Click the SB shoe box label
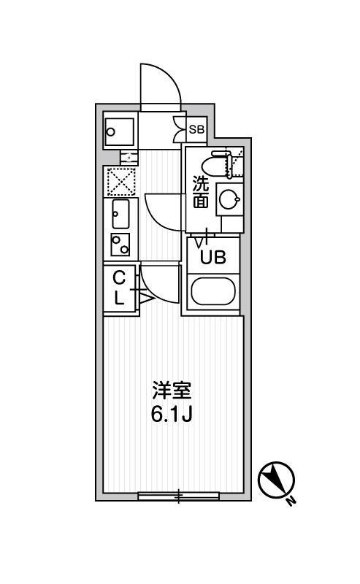pyautogui.click(x=196, y=130)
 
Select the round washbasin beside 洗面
pyautogui.click(x=229, y=199)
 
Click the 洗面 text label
pyautogui.click(x=201, y=192)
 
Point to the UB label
pyautogui.click(x=213, y=257)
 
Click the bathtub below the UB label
pyautogui.click(x=213, y=291)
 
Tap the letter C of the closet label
pyautogui.click(x=119, y=277)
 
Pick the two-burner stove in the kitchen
pyautogui.click(x=120, y=245)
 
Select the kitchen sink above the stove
pyautogui.click(x=120, y=214)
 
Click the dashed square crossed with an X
pyautogui.click(x=120, y=182)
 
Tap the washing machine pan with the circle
pyautogui.click(x=119, y=132)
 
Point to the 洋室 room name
pyautogui.click(x=172, y=390)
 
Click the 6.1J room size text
pyautogui.click(x=172, y=414)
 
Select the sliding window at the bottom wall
pyautogui.click(x=178, y=496)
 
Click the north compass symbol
pyautogui.click(x=277, y=480)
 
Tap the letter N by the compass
pyautogui.click(x=291, y=501)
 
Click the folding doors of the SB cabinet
pyautogui.click(x=180, y=129)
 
